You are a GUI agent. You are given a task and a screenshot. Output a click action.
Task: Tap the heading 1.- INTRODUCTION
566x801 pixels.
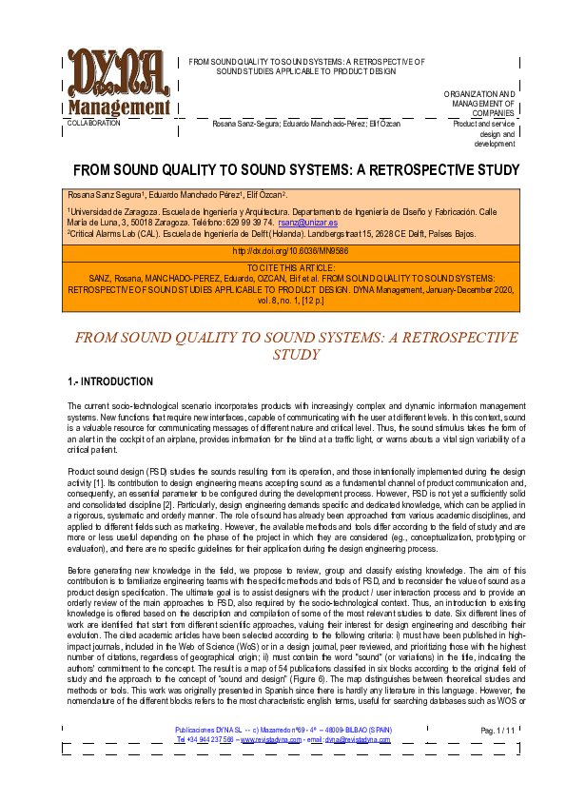[x=110, y=382]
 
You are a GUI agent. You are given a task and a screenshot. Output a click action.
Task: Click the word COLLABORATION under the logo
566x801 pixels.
[x=93, y=124]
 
